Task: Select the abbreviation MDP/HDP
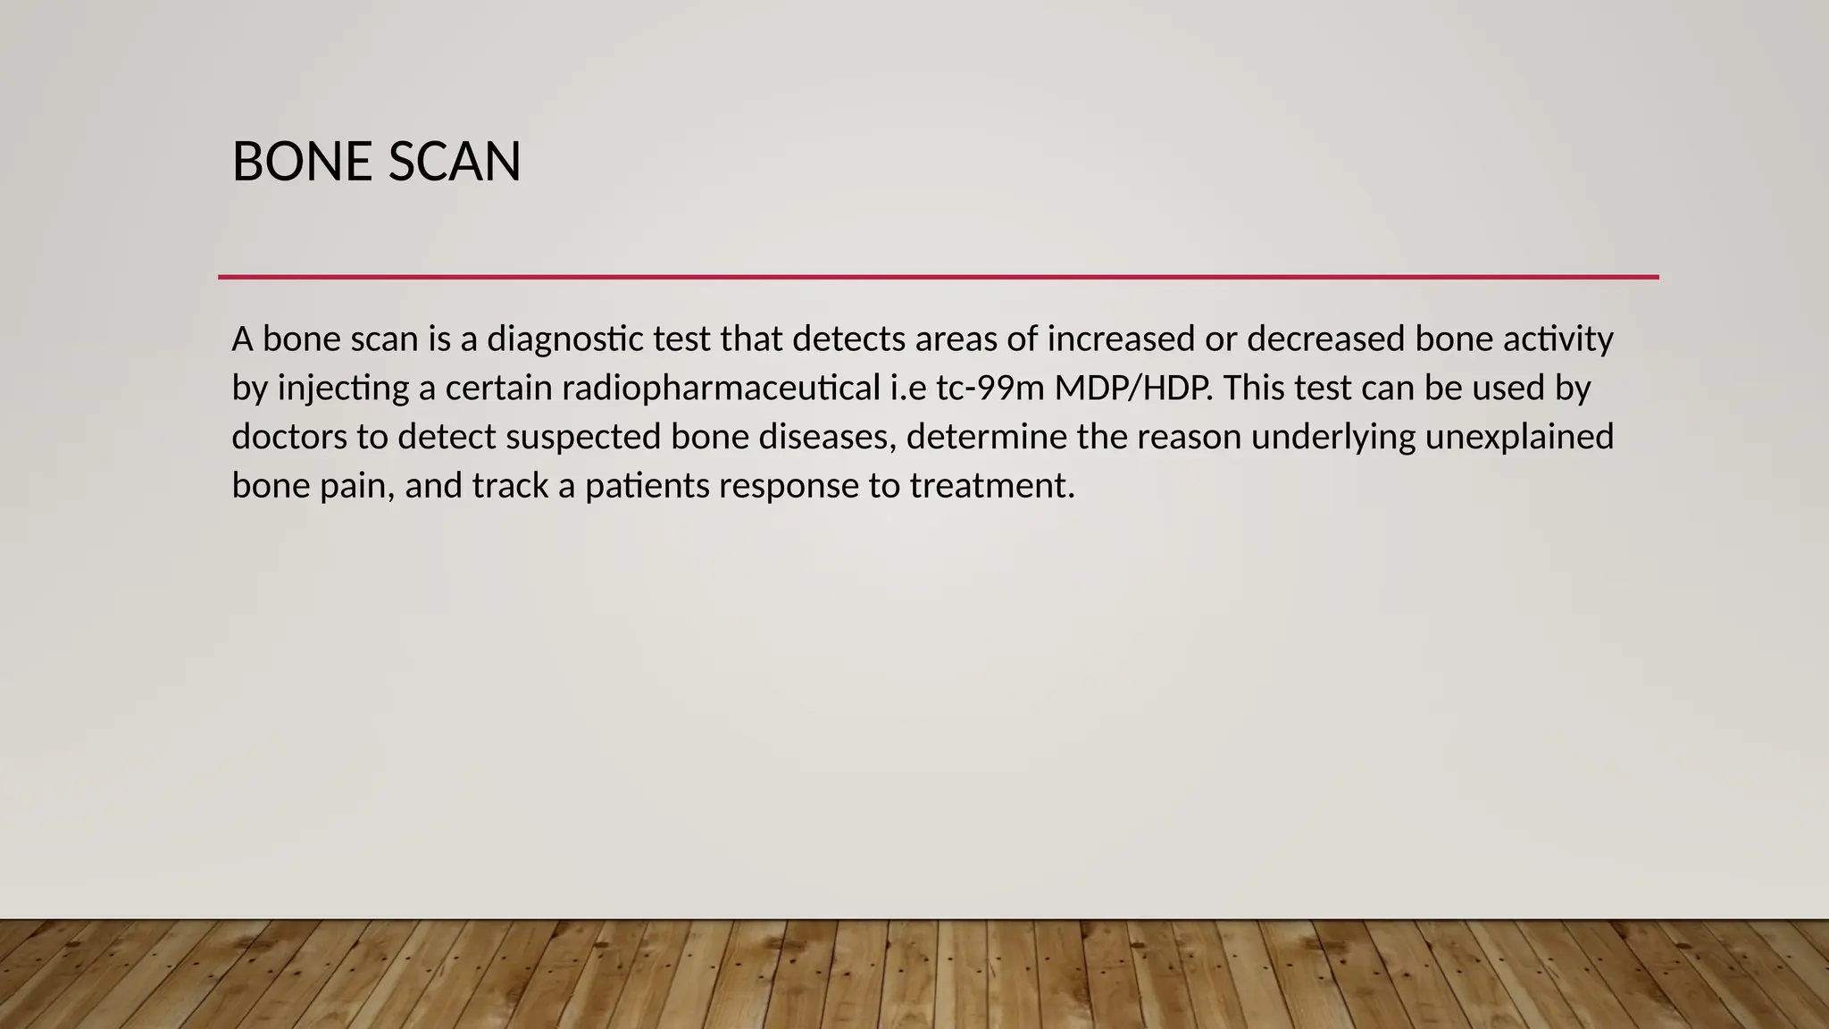1133,389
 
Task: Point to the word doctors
288,438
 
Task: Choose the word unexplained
1519,438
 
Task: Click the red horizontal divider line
938,277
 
